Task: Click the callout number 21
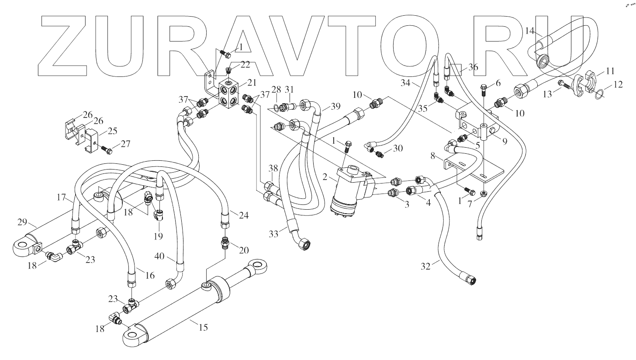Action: (x=252, y=82)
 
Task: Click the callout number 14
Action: (x=530, y=31)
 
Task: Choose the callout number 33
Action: (x=273, y=234)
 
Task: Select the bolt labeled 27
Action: (x=106, y=150)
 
